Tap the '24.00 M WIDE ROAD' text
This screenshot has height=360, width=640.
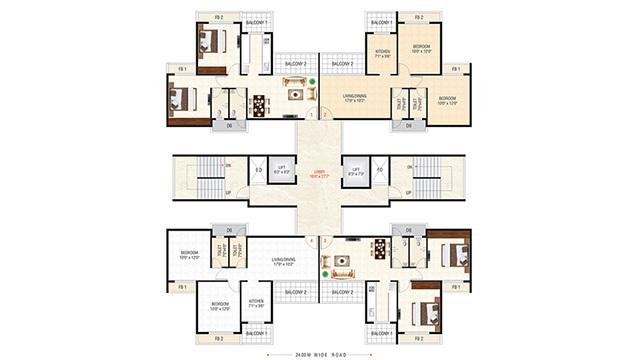coord(320,353)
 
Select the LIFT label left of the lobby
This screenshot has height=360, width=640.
coord(283,171)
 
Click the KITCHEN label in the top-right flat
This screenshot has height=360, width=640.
coord(382,53)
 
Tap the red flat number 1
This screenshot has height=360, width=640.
coord(313,115)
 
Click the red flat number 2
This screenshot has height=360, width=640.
coord(325,115)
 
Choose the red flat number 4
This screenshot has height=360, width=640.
coord(313,241)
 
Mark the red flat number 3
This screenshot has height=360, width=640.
coord(325,241)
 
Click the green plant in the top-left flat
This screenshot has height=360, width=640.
coord(312,81)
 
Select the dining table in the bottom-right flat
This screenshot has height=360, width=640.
coord(380,249)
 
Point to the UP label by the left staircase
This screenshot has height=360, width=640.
coord(228,193)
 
